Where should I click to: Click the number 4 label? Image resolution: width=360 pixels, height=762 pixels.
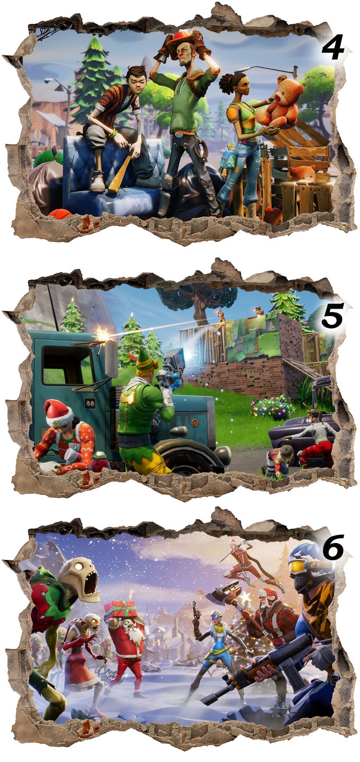[333, 48]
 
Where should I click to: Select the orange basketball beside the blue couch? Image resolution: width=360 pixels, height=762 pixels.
[59, 214]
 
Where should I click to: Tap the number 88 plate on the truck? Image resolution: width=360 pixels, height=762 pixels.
[90, 403]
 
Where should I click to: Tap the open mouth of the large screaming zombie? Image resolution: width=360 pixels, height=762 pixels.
[92, 583]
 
